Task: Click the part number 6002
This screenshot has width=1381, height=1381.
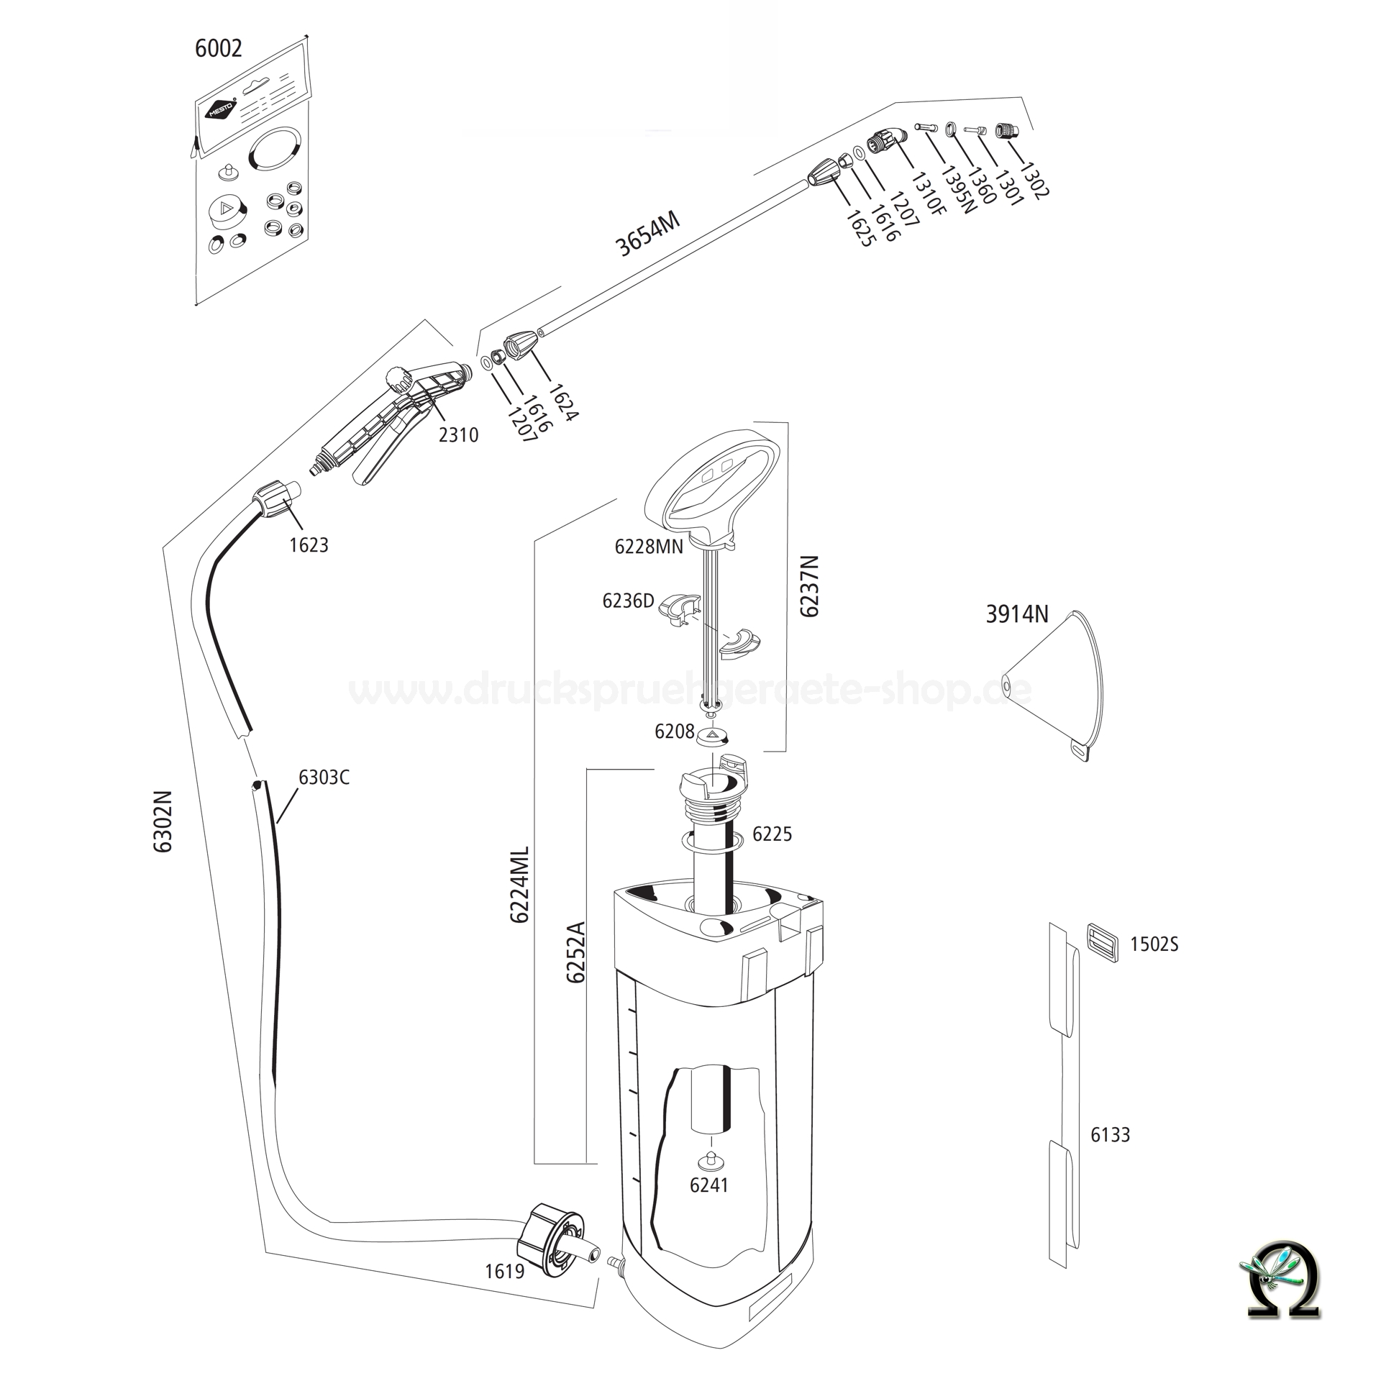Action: pyautogui.click(x=219, y=48)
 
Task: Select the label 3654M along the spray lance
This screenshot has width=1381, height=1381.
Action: pyautogui.click(x=648, y=234)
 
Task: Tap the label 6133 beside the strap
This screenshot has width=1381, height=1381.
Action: pyautogui.click(x=1110, y=1135)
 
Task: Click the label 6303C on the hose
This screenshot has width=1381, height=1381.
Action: pyautogui.click(x=324, y=778)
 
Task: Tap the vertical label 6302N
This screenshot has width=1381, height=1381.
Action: pyautogui.click(x=163, y=821)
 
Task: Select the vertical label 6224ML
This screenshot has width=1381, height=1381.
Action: pyautogui.click(x=519, y=884)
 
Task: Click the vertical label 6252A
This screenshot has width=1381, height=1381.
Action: pyautogui.click(x=575, y=951)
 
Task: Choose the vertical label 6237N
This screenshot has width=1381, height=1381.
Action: pyautogui.click(x=810, y=585)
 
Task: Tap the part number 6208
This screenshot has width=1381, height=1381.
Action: pyautogui.click(x=674, y=731)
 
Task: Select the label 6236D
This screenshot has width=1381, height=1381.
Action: pyautogui.click(x=628, y=600)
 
